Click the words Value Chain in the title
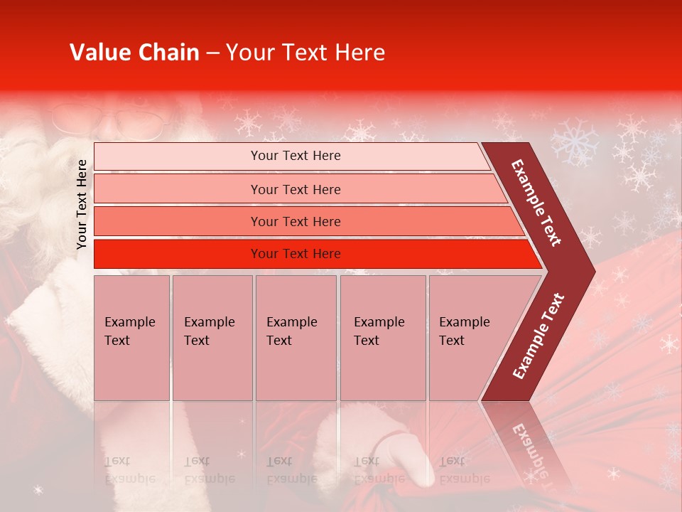[x=134, y=53]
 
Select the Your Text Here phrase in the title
[x=305, y=53]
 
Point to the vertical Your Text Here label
[x=82, y=204]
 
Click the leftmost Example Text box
[x=131, y=338]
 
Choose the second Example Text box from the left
[x=212, y=338]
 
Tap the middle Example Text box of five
[x=296, y=338]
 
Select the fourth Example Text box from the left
[x=382, y=338]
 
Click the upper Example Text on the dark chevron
[x=536, y=203]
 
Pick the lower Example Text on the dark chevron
[x=538, y=336]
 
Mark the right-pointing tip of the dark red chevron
[x=591, y=271]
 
